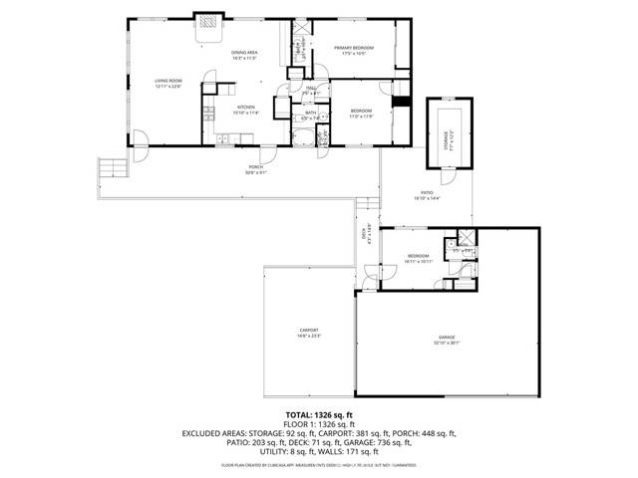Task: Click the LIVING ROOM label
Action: click(x=166, y=81)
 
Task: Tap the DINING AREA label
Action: click(x=244, y=53)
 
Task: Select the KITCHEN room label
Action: click(x=245, y=107)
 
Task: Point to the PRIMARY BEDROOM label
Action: click(x=354, y=48)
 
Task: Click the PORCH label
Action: click(x=254, y=166)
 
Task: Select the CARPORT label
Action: click(x=309, y=330)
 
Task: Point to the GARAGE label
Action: click(x=446, y=338)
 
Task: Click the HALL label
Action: click(x=311, y=89)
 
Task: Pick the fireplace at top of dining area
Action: click(x=208, y=23)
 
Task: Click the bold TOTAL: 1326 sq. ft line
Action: click(x=319, y=414)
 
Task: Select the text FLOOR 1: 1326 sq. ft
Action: click(x=319, y=424)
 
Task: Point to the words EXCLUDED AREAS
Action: click(x=214, y=434)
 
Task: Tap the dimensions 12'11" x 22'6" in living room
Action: click(x=166, y=87)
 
